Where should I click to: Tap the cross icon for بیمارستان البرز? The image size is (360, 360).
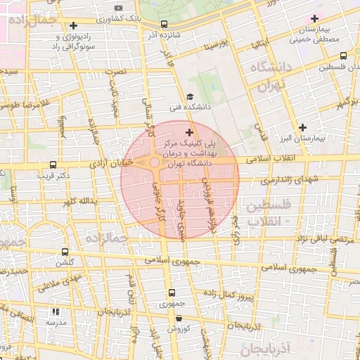(x=302, y=127)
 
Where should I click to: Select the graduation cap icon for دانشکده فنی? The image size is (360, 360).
(x=189, y=97)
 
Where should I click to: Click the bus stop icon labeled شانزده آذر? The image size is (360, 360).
(x=164, y=24)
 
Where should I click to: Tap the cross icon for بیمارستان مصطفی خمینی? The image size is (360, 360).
(x=315, y=18)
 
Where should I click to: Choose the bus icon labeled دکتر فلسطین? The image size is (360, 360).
(x=343, y=56)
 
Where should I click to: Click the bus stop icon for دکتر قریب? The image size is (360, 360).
(x=51, y=165)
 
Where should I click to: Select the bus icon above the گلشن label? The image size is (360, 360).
(x=65, y=252)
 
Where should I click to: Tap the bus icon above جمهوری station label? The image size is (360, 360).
(x=171, y=293)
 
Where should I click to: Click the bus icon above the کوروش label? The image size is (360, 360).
(x=179, y=318)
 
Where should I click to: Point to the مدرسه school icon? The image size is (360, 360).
(x=56, y=311)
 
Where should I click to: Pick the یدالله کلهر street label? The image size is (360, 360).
(x=77, y=202)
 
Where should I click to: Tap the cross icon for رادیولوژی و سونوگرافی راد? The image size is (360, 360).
(x=73, y=26)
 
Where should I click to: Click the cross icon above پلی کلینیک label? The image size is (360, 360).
(x=188, y=131)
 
